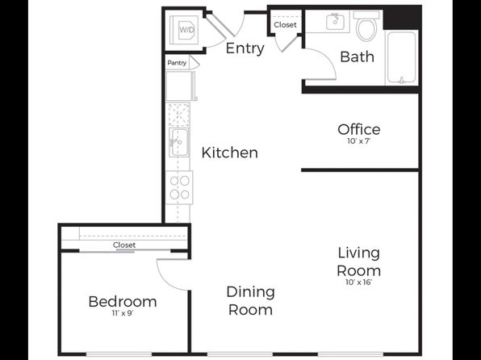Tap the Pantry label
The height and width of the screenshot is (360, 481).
tap(177, 63)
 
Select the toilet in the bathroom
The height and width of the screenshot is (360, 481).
tap(366, 26)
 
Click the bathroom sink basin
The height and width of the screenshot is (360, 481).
tap(335, 22)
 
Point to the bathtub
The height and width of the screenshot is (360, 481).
tap(402, 57)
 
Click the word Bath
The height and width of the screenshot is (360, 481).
tap(357, 57)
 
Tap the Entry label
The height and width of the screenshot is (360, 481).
tap(245, 48)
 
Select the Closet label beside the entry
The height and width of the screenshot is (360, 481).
tap(285, 24)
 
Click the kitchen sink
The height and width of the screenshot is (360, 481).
tap(179, 142)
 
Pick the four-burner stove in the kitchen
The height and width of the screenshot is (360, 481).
tap(179, 187)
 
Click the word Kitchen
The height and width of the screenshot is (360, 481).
tap(230, 153)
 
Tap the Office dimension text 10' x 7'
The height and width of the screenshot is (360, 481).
tap(359, 141)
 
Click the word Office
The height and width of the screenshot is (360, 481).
tap(359, 129)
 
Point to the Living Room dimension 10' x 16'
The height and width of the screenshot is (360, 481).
tap(359, 282)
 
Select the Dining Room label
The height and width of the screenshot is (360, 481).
tap(250, 301)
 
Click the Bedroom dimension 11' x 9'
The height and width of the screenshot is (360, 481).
tap(123, 313)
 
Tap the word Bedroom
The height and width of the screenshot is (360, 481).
tap(123, 302)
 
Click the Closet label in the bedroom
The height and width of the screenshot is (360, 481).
tap(124, 245)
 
